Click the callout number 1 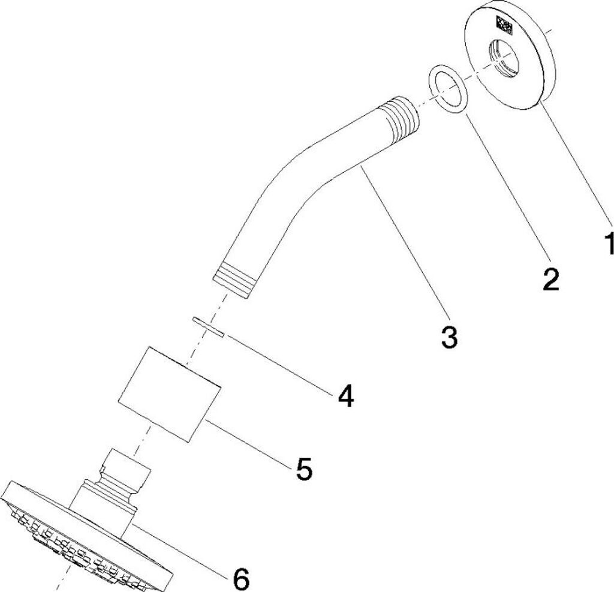[x=607, y=244]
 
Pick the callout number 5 [x=303, y=468]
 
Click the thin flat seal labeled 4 [x=207, y=327]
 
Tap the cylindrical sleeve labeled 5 [x=170, y=393]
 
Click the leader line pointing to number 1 [x=576, y=168]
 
